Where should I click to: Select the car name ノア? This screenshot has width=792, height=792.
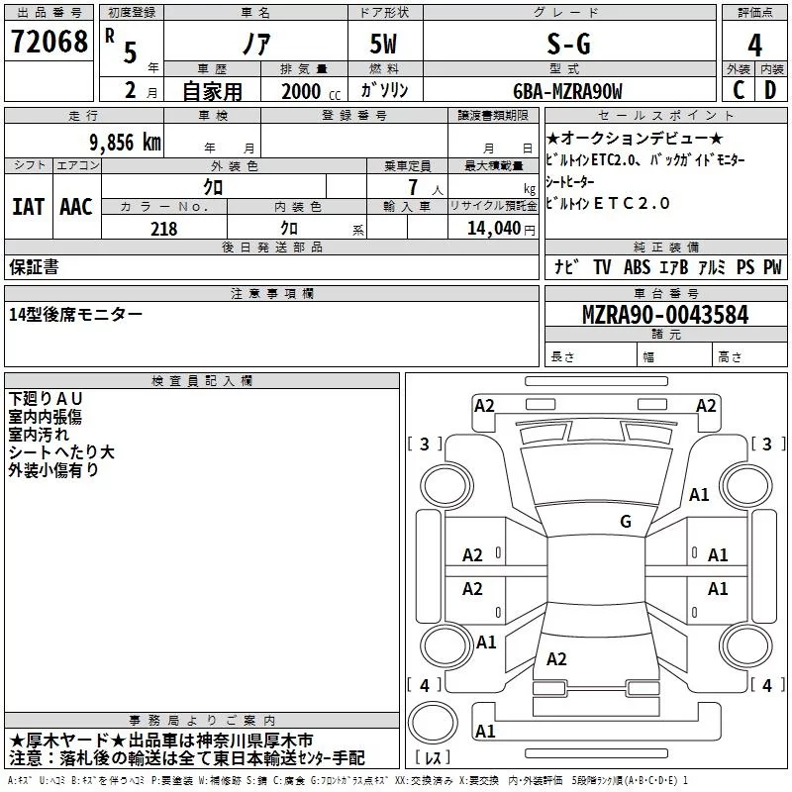click(x=255, y=45)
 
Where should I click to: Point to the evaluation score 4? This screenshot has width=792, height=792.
click(x=754, y=46)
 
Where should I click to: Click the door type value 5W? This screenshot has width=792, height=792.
click(x=383, y=45)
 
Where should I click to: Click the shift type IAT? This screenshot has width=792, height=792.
click(x=28, y=206)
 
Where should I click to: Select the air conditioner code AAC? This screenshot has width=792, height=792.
click(x=76, y=206)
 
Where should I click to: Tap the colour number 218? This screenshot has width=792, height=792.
click(x=163, y=229)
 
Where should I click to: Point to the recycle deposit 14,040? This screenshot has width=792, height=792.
click(x=492, y=229)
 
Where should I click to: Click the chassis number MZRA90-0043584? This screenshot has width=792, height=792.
click(x=664, y=316)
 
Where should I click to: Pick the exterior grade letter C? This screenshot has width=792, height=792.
click(x=738, y=91)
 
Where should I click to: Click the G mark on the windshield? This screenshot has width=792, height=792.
click(x=625, y=521)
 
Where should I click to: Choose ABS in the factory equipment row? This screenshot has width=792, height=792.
click(x=638, y=266)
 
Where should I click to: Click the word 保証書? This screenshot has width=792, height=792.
click(x=34, y=266)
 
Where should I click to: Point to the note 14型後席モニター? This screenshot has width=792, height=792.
click(x=75, y=314)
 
